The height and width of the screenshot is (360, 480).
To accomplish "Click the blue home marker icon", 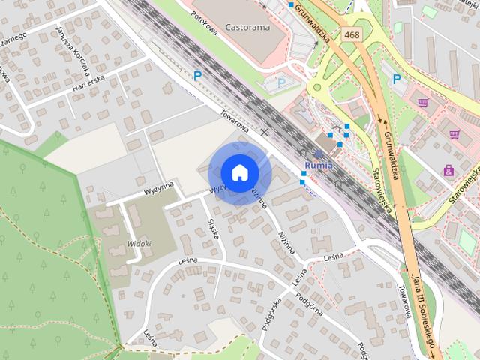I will pos(239,172).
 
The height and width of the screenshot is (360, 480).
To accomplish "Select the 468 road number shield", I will pos(351,34).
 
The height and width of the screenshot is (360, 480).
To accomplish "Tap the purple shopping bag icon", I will pos(448,170).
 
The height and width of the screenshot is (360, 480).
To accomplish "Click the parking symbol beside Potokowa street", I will pos(198,75).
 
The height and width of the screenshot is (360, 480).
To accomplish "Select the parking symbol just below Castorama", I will pos(281,82).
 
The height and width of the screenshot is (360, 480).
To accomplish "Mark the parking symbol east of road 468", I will pos(396,78).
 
